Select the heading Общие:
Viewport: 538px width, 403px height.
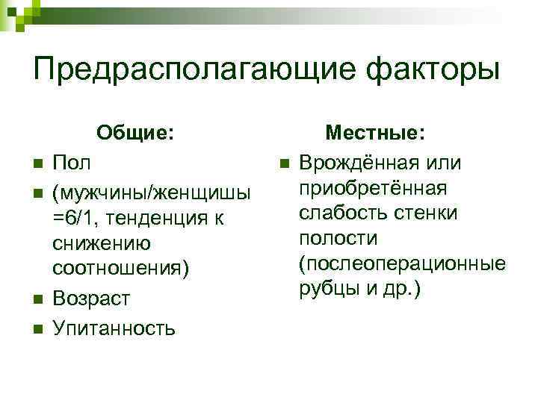[136, 133]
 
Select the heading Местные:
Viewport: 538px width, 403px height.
[375, 133]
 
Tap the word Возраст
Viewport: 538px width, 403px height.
[91, 299]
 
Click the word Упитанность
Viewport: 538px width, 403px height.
[114, 327]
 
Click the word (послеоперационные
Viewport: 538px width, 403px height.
[401, 264]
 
